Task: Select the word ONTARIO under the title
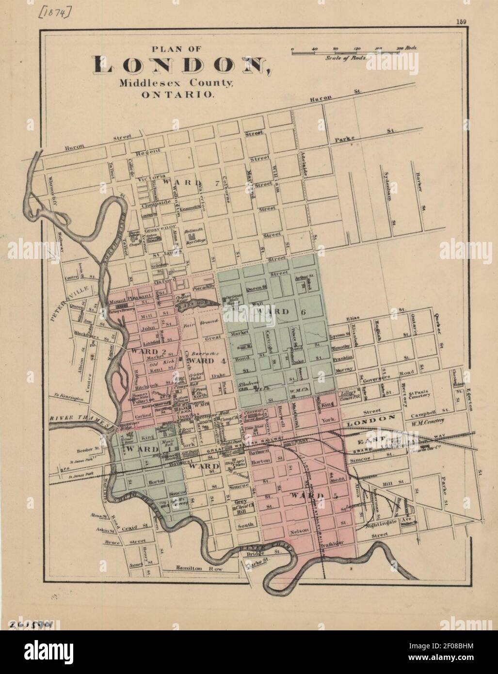(x=177, y=95)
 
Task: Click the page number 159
(x=461, y=21)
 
